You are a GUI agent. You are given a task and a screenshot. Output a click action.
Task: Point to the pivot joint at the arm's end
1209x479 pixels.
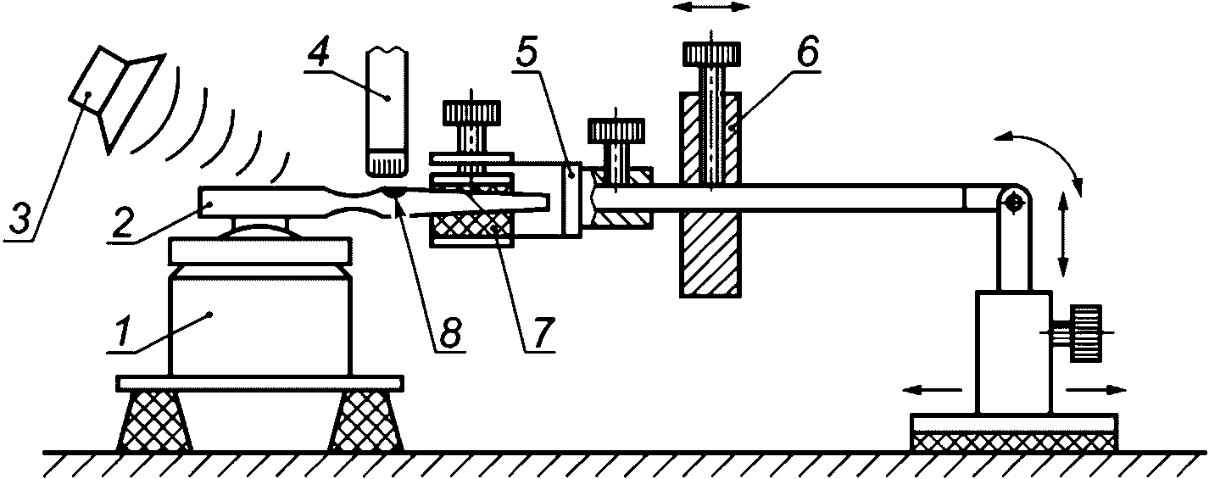pos(1012,200)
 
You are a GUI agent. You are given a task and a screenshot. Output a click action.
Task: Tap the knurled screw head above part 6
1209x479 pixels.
pos(711,55)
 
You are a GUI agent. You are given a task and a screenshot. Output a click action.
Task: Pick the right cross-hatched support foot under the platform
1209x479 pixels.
pos(366,421)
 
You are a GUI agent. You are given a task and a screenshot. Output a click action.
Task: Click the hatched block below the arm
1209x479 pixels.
pos(710,253)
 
